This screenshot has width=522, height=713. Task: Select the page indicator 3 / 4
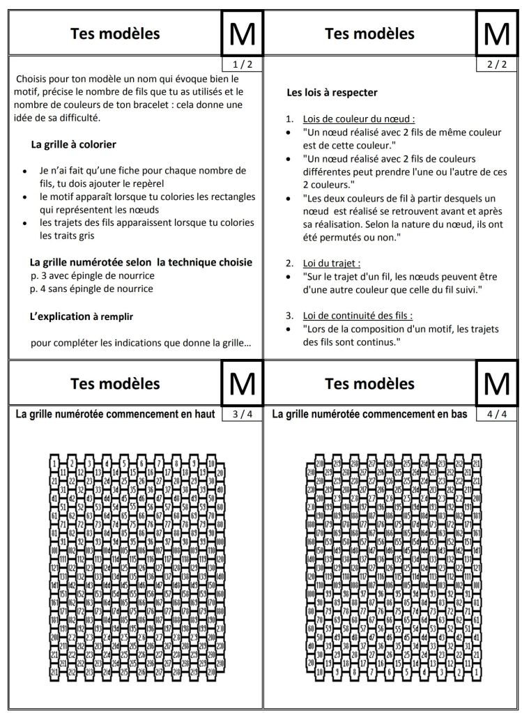pos(239,415)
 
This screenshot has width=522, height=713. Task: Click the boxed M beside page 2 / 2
pos(497,33)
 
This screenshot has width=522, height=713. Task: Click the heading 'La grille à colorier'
pos(73,145)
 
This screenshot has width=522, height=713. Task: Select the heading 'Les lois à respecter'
pos(332,92)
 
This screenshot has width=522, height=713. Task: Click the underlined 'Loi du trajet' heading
pos(332,263)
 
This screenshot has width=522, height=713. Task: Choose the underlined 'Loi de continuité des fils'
pos(358,315)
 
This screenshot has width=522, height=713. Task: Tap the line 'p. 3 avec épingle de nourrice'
pos(93,276)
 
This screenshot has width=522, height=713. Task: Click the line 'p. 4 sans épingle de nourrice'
pos(92,289)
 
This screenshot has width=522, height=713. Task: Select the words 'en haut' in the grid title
pos(199,415)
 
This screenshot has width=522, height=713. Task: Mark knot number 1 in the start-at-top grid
pos(54,462)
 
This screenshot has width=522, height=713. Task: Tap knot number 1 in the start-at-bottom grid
pos(477,672)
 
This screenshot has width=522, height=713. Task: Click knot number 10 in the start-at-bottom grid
pos(319,672)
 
